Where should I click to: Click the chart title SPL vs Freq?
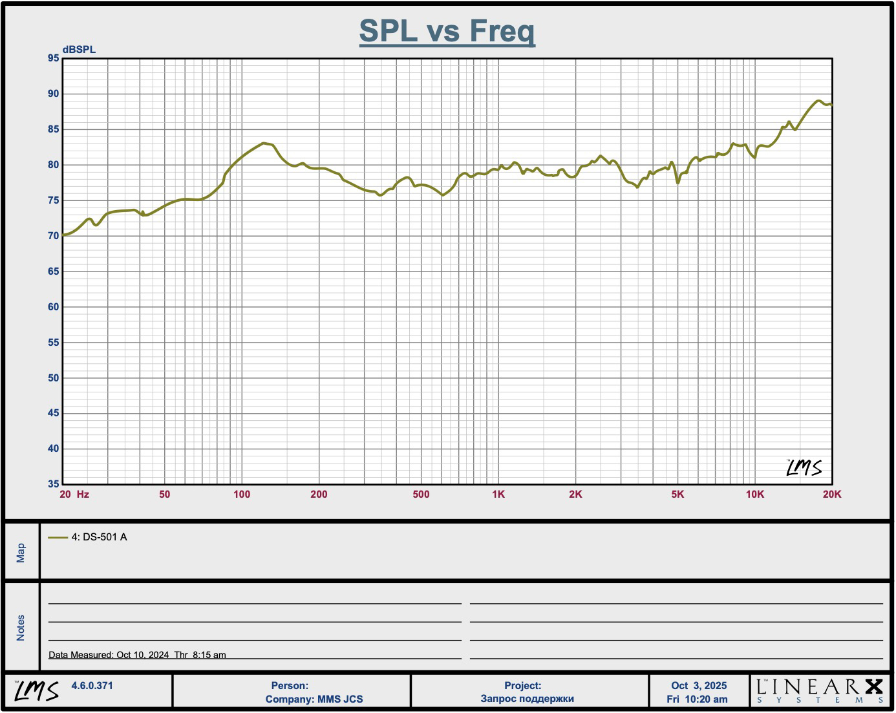click(x=447, y=31)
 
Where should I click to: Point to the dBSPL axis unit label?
click(x=79, y=50)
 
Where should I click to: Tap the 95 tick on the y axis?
click(x=53, y=58)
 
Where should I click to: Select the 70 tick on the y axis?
click(x=53, y=236)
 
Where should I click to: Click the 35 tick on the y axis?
click(x=53, y=484)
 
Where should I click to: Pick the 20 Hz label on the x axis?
click(x=74, y=495)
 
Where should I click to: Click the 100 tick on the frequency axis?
click(x=242, y=495)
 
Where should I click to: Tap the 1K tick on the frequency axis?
click(x=498, y=495)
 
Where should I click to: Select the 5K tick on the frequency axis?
click(x=677, y=495)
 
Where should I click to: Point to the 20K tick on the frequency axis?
click(x=832, y=495)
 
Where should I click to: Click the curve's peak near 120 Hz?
click(x=264, y=143)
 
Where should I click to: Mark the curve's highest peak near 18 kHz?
click(x=818, y=101)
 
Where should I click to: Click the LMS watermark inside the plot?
click(x=804, y=467)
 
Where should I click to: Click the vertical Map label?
click(x=21, y=553)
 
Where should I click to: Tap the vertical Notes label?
click(x=21, y=628)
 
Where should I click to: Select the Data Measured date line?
click(x=137, y=655)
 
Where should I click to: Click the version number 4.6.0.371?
click(x=92, y=686)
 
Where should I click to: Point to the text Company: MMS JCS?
click(x=314, y=699)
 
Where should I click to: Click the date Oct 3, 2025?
click(x=699, y=686)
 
